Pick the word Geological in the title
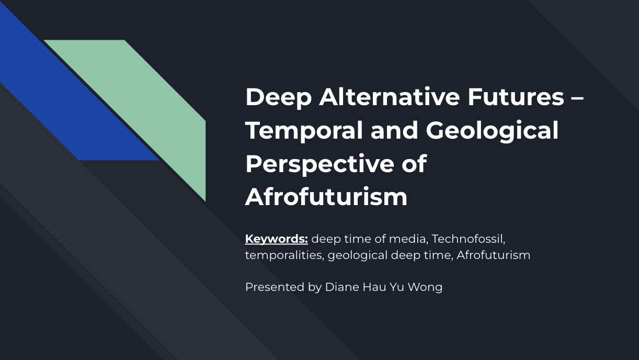pyautogui.click(x=492, y=130)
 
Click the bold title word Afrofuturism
pyautogui.click(x=326, y=197)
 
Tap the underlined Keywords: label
pyautogui.click(x=276, y=239)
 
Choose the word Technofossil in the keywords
pyautogui.click(x=468, y=239)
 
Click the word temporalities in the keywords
pyautogui.click(x=284, y=255)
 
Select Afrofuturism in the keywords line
pyautogui.click(x=493, y=255)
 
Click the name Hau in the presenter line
pyautogui.click(x=374, y=287)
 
